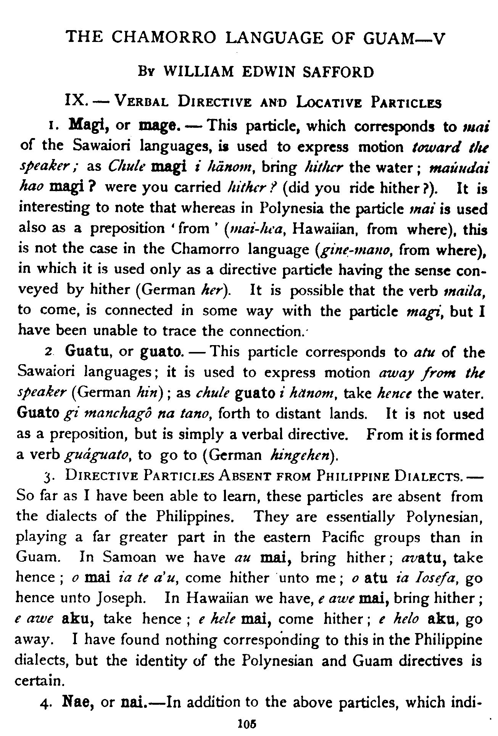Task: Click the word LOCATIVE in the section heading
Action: click(331, 103)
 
